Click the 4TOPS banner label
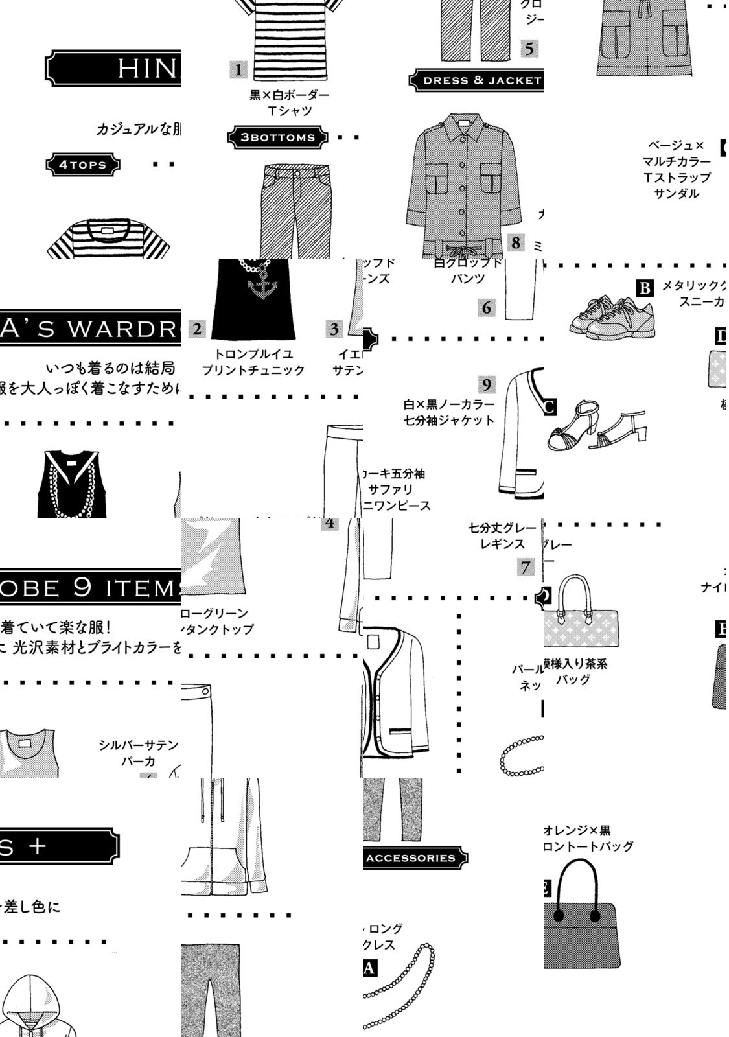[x=83, y=165]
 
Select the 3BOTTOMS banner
[x=277, y=137]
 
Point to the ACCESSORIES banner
[x=412, y=857]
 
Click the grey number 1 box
[x=238, y=69]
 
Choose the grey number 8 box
[x=516, y=242]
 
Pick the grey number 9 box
[x=487, y=384]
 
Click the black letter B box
[x=645, y=288]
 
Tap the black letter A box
[x=369, y=968]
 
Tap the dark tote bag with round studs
[x=581, y=917]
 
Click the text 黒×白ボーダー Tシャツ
[x=290, y=103]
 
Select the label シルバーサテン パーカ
[x=138, y=753]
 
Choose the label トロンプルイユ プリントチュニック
[x=253, y=362]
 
